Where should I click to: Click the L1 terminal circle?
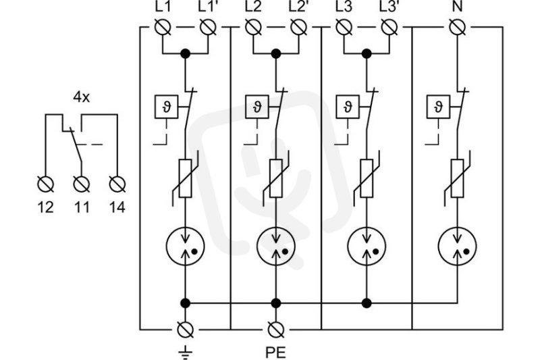(163, 27)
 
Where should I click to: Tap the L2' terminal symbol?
(298, 27)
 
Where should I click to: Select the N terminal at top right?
(458, 27)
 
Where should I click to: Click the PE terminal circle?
(276, 330)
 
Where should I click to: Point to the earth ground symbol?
(185, 352)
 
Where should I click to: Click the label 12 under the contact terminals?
(45, 207)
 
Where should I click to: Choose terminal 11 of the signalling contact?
(82, 184)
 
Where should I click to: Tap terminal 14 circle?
(117, 184)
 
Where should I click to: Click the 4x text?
(81, 97)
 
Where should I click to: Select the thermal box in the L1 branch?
(166, 107)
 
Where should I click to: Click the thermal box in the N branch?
(438, 107)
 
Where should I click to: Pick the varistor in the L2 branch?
(276, 178)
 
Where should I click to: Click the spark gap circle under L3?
(367, 246)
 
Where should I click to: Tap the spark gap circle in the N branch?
(458, 246)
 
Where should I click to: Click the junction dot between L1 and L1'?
(185, 54)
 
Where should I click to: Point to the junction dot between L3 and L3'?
(367, 54)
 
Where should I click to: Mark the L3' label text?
(389, 7)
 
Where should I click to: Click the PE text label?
(275, 353)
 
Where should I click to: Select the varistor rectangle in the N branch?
(458, 178)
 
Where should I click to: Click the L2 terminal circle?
(253, 27)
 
